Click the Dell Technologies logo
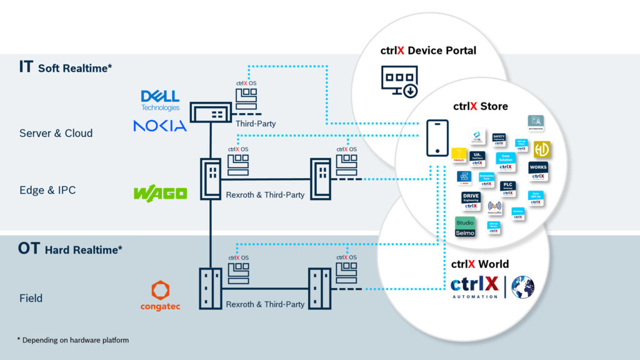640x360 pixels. (x=160, y=100)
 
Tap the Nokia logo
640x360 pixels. (x=160, y=126)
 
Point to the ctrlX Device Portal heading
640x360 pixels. (x=428, y=51)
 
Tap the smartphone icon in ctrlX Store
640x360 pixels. (x=436, y=137)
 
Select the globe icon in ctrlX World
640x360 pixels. (x=522, y=286)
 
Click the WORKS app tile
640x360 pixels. (x=537, y=171)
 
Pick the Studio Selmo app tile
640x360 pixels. (x=465, y=227)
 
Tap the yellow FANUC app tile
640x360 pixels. (x=459, y=155)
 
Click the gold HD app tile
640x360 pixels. (x=541, y=149)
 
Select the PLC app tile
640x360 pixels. (x=507, y=188)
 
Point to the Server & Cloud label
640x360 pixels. (x=56, y=133)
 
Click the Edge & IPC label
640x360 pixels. (x=47, y=190)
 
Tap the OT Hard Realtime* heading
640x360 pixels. (x=70, y=249)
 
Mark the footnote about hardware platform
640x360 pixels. (x=72, y=339)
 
